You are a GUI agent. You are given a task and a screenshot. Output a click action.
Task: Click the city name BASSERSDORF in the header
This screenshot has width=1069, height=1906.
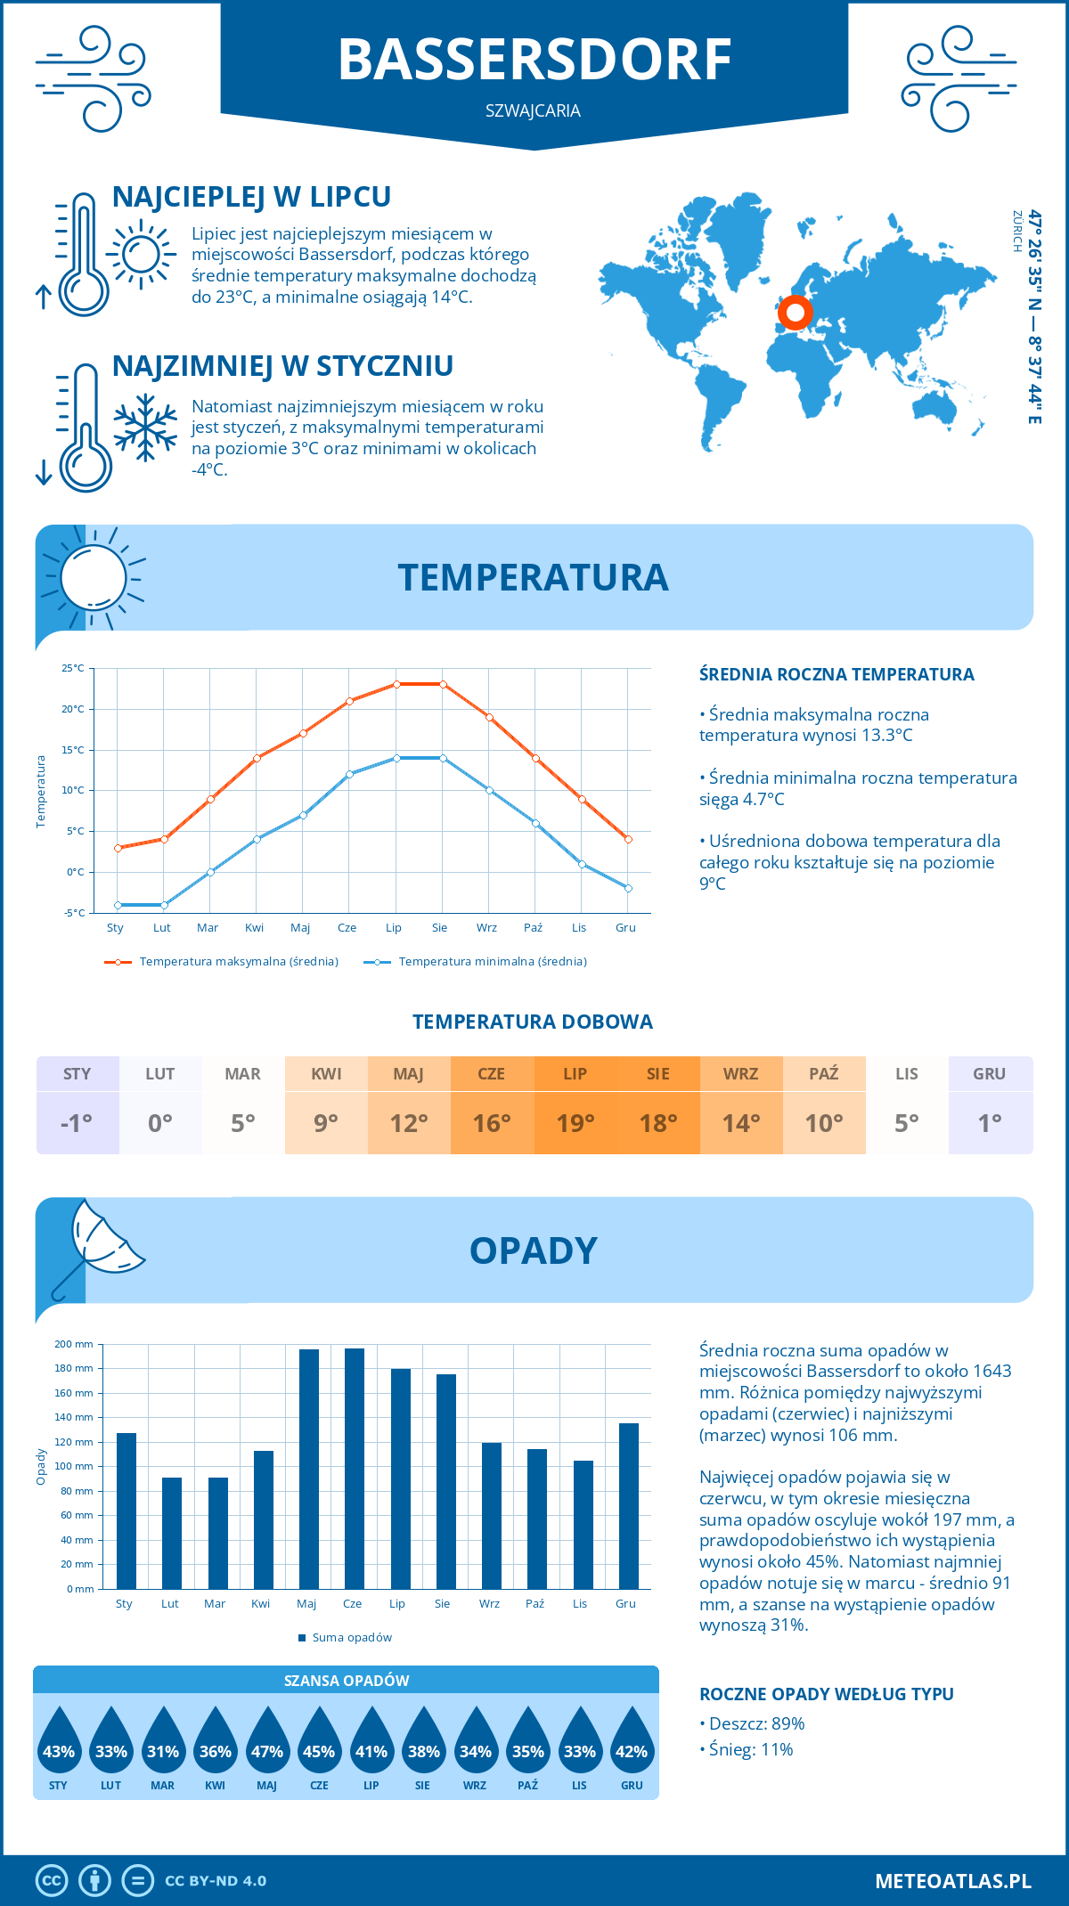tap(534, 61)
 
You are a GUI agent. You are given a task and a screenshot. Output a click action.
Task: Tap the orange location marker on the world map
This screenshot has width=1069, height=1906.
tap(795, 313)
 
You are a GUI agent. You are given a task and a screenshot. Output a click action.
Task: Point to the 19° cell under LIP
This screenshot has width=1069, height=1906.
tap(575, 1122)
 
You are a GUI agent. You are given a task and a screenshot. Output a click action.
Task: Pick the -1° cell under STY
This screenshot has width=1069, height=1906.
tap(78, 1122)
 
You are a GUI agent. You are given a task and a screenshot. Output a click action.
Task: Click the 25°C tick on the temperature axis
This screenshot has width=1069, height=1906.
tap(73, 668)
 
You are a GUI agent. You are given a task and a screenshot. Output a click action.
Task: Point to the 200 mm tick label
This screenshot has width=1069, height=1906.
tap(75, 1344)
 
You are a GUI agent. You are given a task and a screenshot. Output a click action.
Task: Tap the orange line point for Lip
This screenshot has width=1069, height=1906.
tap(396, 684)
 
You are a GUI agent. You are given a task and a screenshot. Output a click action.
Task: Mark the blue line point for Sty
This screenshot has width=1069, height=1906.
tap(118, 905)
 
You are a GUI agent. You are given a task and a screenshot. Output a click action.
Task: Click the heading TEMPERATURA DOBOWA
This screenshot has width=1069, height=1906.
tap(533, 1022)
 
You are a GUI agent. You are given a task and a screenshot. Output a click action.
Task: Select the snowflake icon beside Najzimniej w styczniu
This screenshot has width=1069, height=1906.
tap(145, 428)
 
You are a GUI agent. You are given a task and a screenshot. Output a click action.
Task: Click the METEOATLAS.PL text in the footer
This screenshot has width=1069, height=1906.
tap(953, 1881)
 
